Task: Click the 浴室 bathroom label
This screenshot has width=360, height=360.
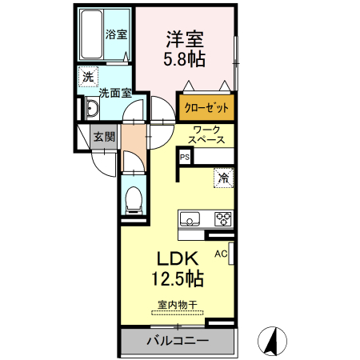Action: click(x=116, y=34)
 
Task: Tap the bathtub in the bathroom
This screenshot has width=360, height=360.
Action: click(x=91, y=34)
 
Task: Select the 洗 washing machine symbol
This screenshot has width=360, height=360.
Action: click(x=88, y=77)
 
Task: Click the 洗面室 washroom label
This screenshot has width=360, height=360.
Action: click(x=115, y=93)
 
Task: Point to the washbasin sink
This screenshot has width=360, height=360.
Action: click(x=92, y=109)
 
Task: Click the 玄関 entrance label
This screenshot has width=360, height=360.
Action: click(x=104, y=137)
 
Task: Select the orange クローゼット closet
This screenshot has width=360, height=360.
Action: click(x=206, y=107)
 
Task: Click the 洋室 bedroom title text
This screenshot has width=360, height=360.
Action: click(x=185, y=39)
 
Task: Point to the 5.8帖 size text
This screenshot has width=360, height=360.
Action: click(x=184, y=59)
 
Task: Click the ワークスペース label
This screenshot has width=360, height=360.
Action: click(x=206, y=134)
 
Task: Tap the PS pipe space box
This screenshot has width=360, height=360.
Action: click(x=185, y=157)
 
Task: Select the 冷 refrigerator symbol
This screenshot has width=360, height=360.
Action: click(x=223, y=178)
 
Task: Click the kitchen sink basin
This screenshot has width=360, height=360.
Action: click(x=190, y=218)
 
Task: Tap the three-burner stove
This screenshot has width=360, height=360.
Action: click(x=223, y=219)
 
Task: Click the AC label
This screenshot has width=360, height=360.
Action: click(x=221, y=254)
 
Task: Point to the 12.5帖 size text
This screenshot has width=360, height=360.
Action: click(x=178, y=278)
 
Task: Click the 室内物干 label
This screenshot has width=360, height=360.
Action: click(x=178, y=305)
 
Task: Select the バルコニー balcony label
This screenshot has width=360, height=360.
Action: click(x=178, y=341)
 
